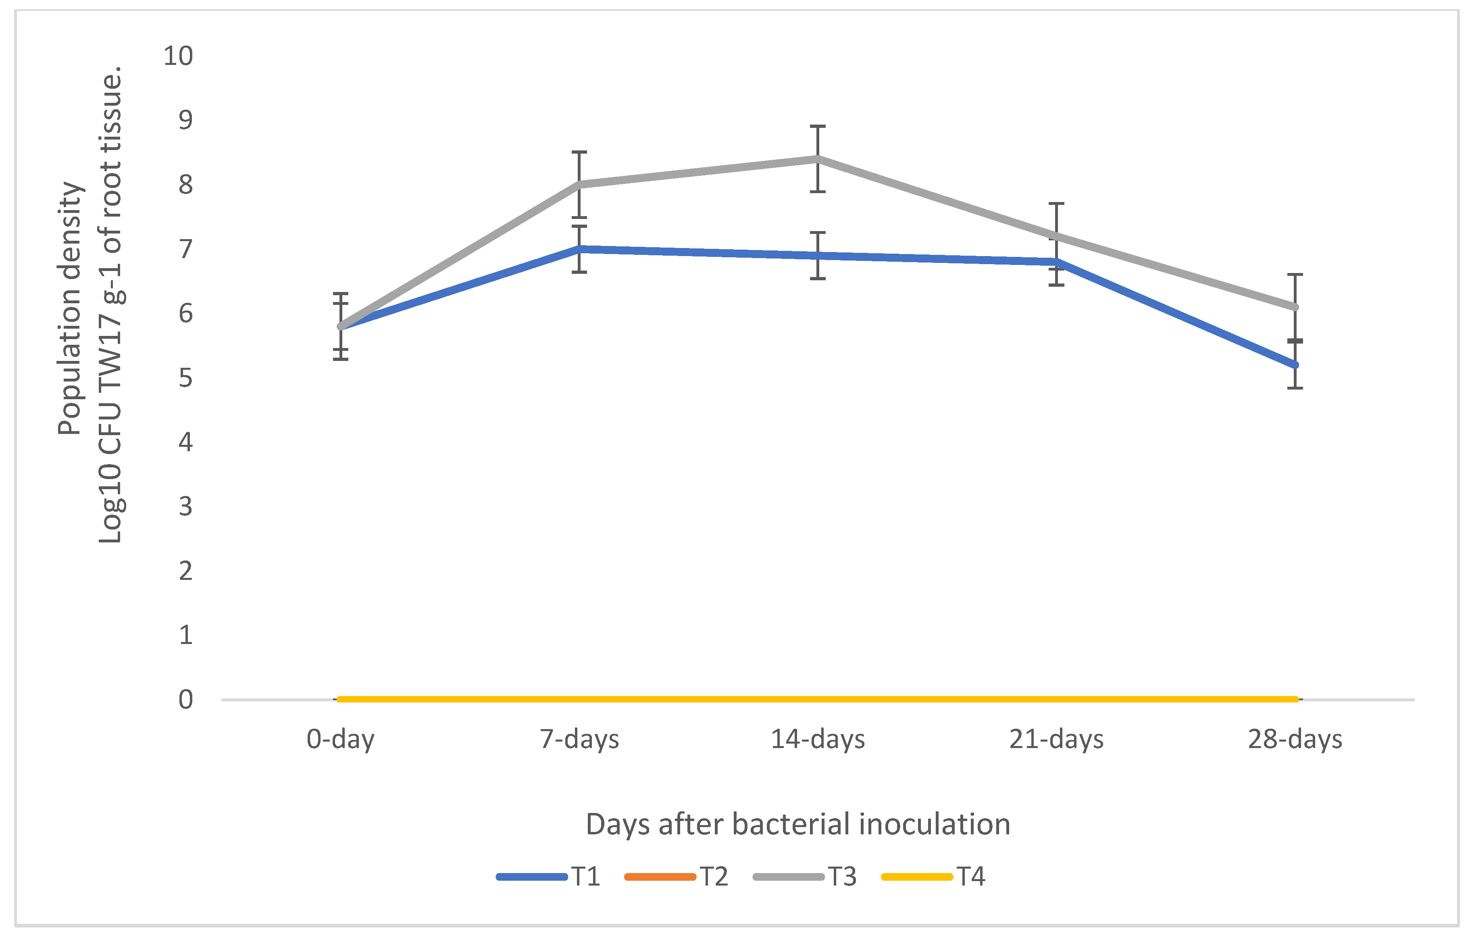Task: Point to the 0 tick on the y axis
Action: [x=185, y=699]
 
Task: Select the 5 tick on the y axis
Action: [x=185, y=378]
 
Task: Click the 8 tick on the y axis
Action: [x=185, y=184]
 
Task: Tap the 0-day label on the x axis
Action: [x=340, y=740]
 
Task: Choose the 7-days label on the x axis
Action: [x=579, y=740]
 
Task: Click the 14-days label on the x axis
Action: [x=818, y=740]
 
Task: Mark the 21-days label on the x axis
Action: [x=1057, y=740]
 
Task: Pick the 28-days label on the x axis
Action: [x=1295, y=740]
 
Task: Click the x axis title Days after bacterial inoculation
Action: [x=797, y=824]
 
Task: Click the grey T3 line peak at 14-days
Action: [x=818, y=159]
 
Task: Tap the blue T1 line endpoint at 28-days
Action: [x=1295, y=365]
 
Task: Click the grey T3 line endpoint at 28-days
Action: [x=1295, y=307]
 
